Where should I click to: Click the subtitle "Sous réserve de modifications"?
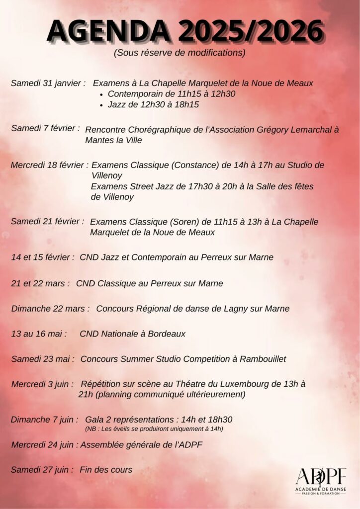coord(180,53)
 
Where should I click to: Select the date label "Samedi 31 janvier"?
coord(47,83)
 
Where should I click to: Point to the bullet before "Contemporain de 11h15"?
coord(101,94)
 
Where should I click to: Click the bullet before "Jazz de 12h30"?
coord(101,105)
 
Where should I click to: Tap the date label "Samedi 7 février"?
coord(45,128)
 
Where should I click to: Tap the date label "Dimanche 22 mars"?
coord(50,309)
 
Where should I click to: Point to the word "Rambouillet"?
coord(262,359)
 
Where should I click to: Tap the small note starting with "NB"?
coord(154,428)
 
